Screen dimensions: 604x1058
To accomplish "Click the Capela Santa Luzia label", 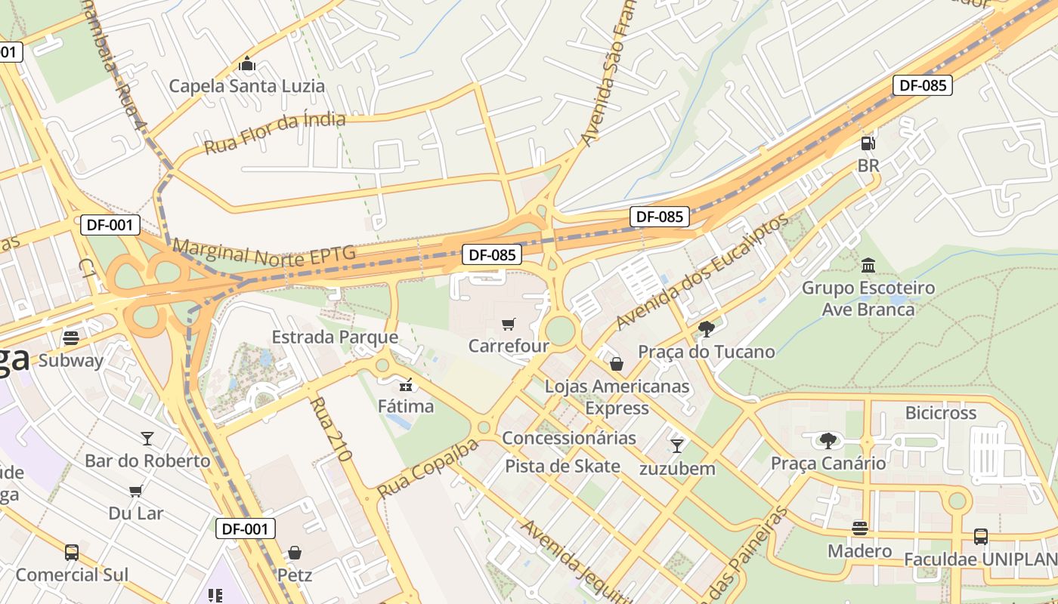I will pos(246,85).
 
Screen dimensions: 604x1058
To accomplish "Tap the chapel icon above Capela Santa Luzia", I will pos(246,64).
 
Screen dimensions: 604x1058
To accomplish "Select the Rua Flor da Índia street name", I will pos(275,133).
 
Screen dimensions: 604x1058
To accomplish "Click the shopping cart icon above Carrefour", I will pos(509,324).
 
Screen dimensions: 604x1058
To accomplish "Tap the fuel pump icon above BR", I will pos(868,143).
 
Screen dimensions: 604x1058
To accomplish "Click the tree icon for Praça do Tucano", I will pos(707,328).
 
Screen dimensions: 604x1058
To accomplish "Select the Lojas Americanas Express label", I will pos(617,397).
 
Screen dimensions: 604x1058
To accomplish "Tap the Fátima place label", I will pos(407,406).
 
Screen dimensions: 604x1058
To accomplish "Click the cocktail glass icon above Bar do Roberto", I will pos(147,439).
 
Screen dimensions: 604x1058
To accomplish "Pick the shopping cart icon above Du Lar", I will pos(136,492).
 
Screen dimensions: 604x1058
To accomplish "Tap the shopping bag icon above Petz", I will pos(295,553).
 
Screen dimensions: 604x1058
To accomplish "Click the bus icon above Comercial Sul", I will pos(72,553).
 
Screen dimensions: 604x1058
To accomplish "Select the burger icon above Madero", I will pos(859,528).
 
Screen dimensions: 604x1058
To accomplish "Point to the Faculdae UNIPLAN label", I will pos(980,559).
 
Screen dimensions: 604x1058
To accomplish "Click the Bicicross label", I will pos(941,413).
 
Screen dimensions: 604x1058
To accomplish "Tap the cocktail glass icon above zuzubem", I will pos(676,446).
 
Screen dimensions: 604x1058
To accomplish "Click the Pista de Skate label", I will pos(562,466).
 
